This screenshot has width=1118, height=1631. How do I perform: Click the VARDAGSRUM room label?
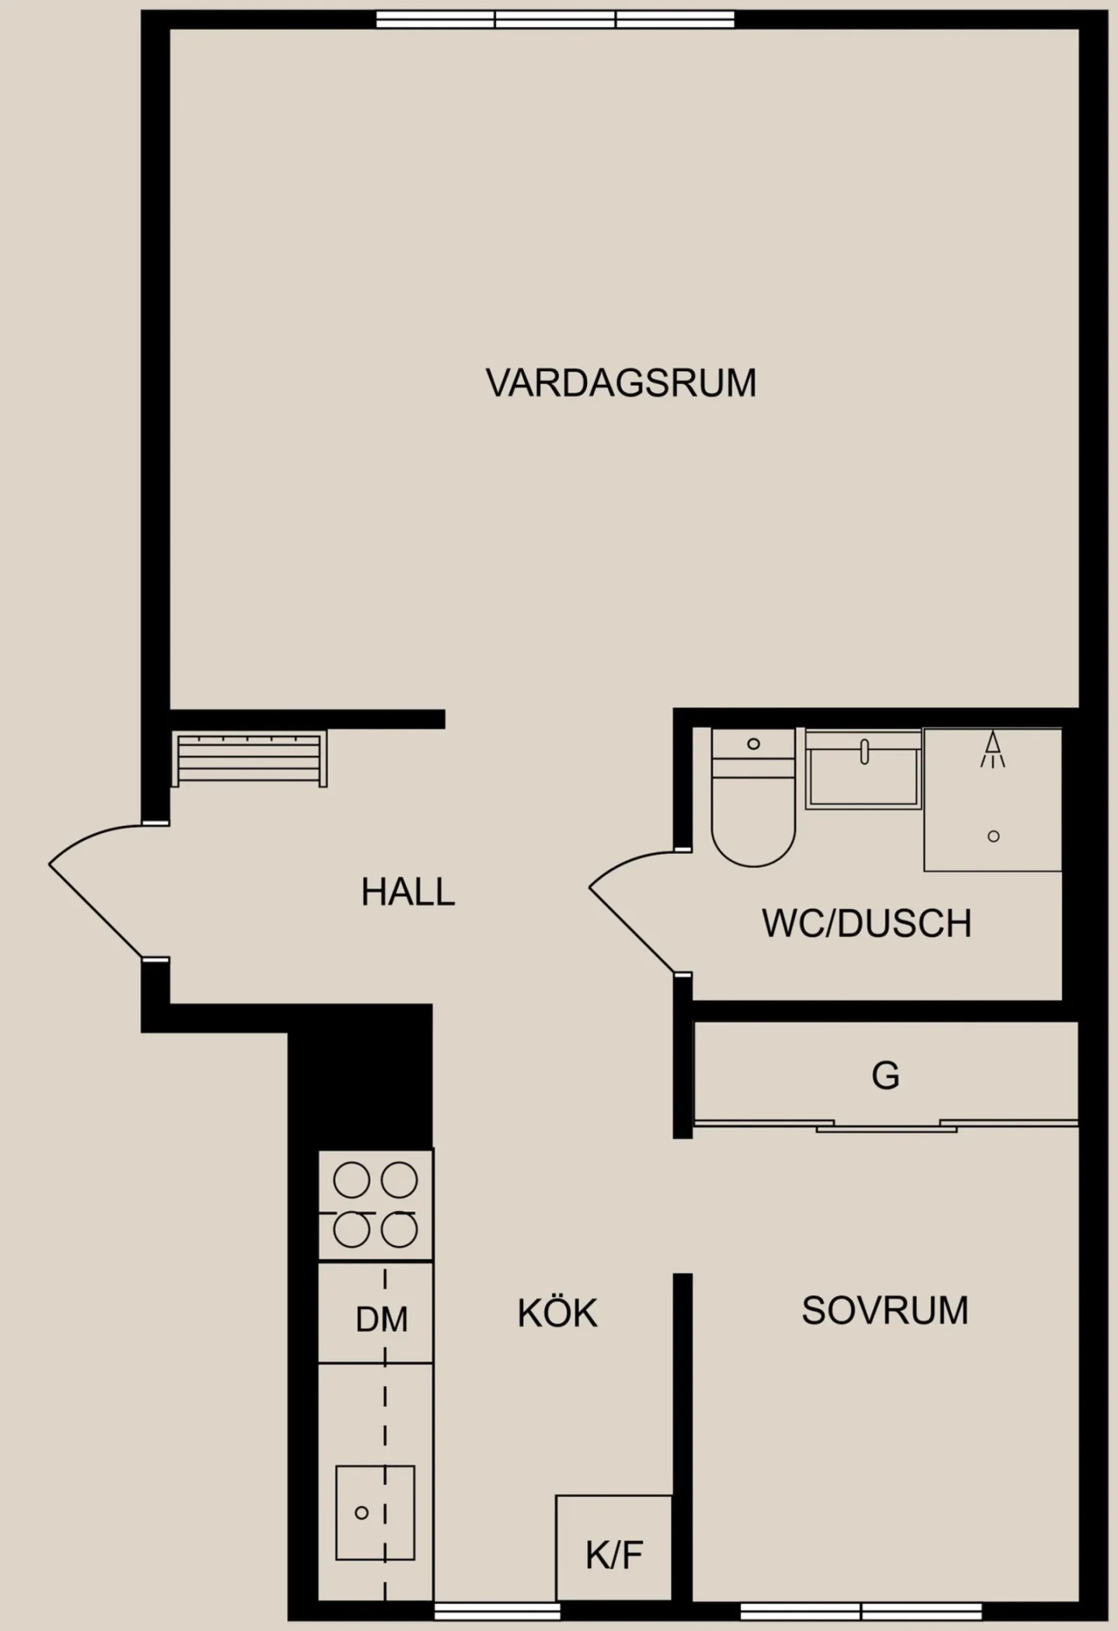coord(621,383)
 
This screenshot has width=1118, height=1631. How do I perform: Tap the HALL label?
coord(408,892)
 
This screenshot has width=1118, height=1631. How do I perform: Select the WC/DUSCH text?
coord(866,923)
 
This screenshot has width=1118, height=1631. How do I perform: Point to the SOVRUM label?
coord(885,1311)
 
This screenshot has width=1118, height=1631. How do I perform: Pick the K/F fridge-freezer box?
coord(613,1547)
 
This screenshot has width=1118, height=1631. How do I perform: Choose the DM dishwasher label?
coord(382,1320)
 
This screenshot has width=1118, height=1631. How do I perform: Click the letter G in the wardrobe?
coord(885,1076)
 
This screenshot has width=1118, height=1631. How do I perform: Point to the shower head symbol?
coord(992,749)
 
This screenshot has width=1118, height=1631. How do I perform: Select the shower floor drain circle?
coord(993,836)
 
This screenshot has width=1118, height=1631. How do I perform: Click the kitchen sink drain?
coord(361,1512)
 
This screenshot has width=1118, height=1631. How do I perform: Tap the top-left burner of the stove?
coord(352,1181)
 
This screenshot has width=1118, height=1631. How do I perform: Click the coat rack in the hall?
coord(248,758)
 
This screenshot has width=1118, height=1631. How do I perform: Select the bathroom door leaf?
coord(631,929)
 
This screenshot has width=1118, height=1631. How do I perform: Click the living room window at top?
coord(555,19)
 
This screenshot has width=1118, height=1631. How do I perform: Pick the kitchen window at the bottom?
coord(497,1612)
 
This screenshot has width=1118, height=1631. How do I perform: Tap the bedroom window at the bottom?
coord(861,1612)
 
